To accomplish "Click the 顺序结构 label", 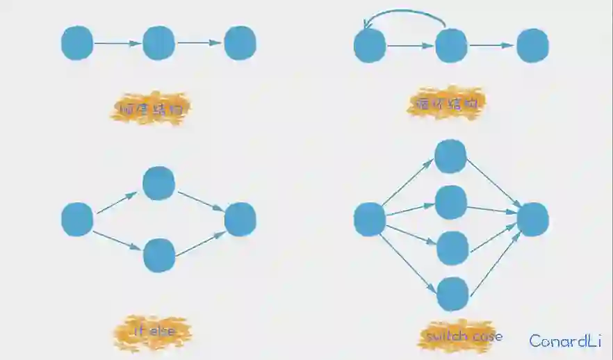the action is pos(151,109).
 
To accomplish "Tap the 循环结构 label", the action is pos(446,105).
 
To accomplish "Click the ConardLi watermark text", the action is pos(564,341).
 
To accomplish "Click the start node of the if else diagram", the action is pos(77,219).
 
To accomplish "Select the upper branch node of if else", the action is pos(158,183).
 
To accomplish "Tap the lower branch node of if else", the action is pos(158,255).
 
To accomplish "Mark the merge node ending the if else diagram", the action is pos(240,219).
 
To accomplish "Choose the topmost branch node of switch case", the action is pos(450,156).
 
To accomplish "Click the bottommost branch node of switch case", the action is pos(452,294).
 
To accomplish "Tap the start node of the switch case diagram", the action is pos(370,219).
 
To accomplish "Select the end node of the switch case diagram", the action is pos(533,219).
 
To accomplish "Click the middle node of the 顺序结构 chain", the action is pos(158,42).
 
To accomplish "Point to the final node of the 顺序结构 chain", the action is pos(240,42).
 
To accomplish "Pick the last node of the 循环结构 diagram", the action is pos(533,46).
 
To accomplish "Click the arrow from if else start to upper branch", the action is pos(117,203).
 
